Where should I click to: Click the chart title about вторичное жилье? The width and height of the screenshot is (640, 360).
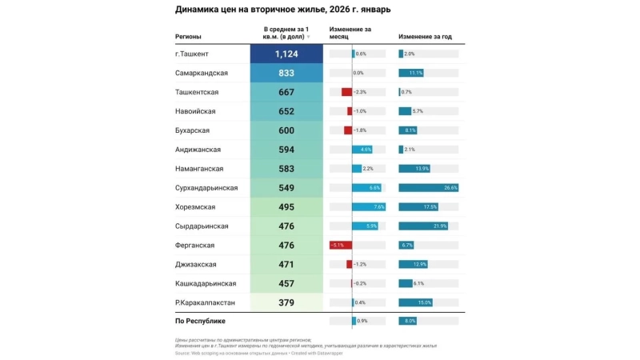[x=284, y=10]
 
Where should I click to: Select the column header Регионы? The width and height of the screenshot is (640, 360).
[x=188, y=37]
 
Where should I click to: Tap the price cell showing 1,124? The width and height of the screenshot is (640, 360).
[x=286, y=54]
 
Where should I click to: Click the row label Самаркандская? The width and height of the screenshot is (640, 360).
[x=202, y=73]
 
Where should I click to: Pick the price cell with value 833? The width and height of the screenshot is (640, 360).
[x=286, y=73]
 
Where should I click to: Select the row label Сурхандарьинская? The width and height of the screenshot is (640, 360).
[x=206, y=187]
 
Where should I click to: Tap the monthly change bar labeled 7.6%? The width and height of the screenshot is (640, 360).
[x=369, y=206]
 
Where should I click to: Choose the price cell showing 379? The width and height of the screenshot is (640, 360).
[x=286, y=302]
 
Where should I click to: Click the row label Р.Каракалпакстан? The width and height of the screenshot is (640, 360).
[x=205, y=302]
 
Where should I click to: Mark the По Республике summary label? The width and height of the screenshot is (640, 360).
[x=199, y=321]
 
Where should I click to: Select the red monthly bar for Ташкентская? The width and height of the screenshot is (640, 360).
[x=346, y=92]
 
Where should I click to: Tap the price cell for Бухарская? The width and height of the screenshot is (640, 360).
[x=286, y=130]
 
